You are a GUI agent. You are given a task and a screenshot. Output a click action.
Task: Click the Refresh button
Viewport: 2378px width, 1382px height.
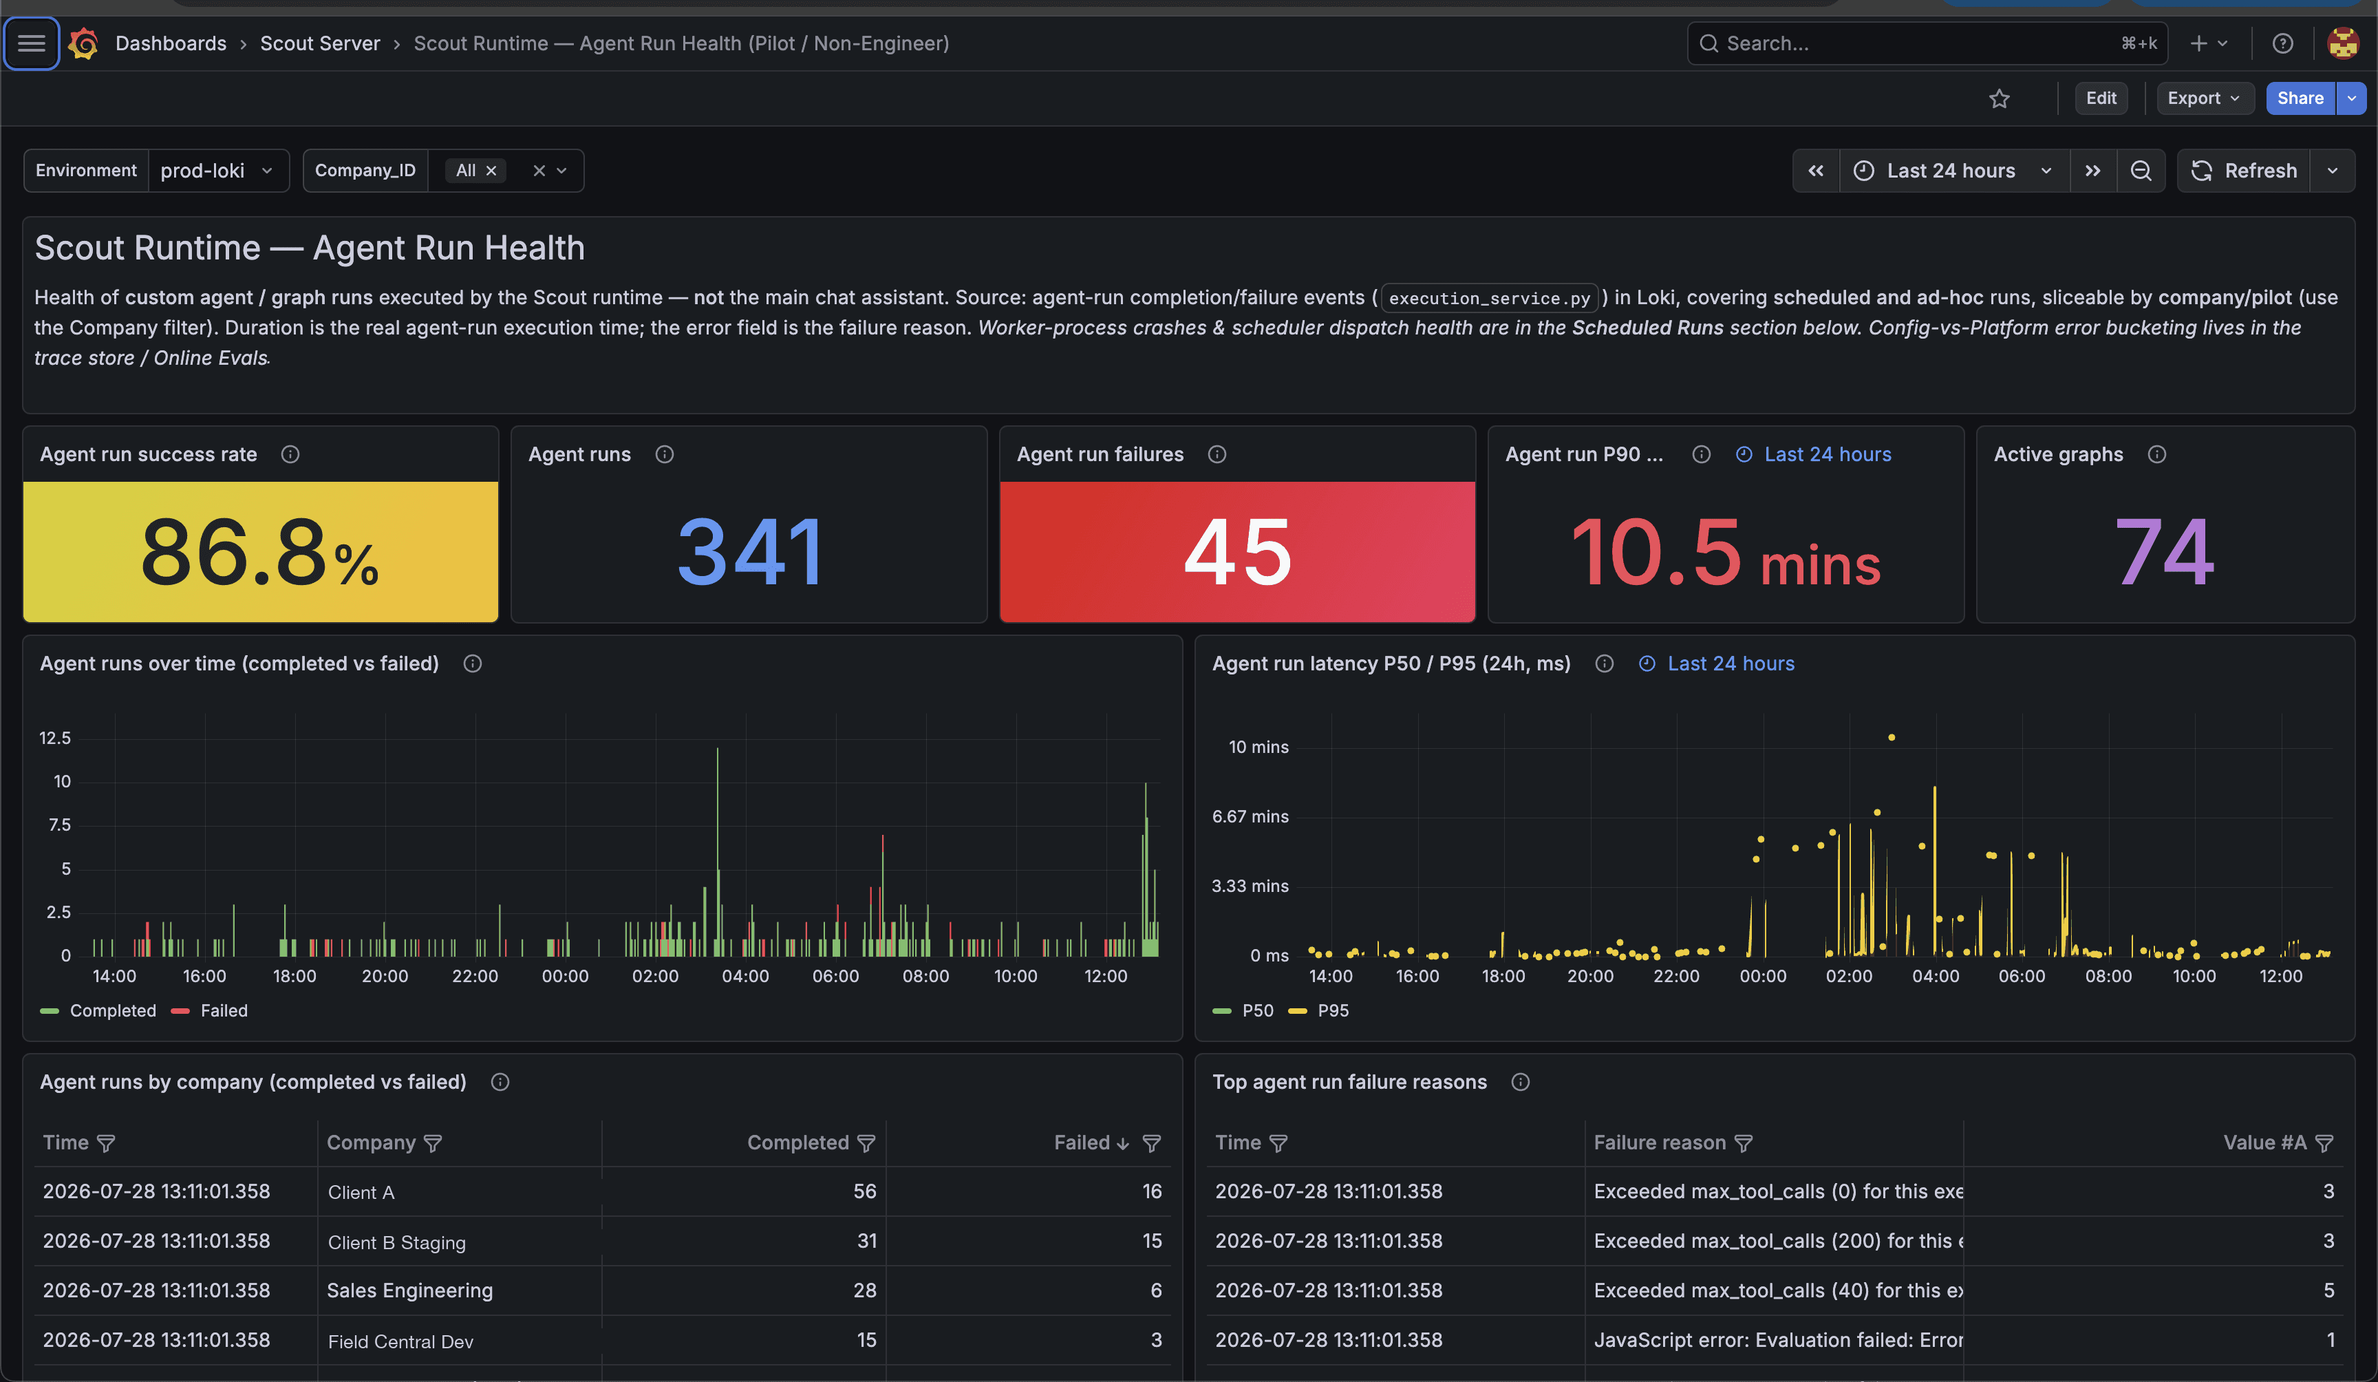coord(2244,171)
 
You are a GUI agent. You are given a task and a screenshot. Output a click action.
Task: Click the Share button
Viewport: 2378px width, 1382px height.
coord(2300,98)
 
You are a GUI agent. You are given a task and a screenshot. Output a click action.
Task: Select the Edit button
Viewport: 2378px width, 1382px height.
coord(2101,98)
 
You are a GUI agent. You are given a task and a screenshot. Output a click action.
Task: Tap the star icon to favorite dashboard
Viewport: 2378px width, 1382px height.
coord(1999,98)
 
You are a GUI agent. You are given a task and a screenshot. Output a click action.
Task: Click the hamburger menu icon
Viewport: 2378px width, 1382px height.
coord(31,43)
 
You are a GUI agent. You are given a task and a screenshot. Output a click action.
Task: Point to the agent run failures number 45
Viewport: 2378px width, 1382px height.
coord(1237,552)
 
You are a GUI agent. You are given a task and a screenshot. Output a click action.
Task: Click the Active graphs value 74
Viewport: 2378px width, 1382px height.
coord(2164,552)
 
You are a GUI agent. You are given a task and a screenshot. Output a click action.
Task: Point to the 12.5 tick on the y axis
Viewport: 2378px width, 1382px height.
coord(55,737)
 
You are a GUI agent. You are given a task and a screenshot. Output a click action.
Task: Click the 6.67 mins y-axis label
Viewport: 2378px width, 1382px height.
coord(1250,816)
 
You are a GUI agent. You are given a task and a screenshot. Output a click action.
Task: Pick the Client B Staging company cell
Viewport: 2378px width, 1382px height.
coord(396,1242)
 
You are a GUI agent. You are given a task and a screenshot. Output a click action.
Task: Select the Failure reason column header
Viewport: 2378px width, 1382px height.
coord(1660,1143)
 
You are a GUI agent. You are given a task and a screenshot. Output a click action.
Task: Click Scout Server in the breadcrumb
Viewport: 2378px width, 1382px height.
coord(320,43)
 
